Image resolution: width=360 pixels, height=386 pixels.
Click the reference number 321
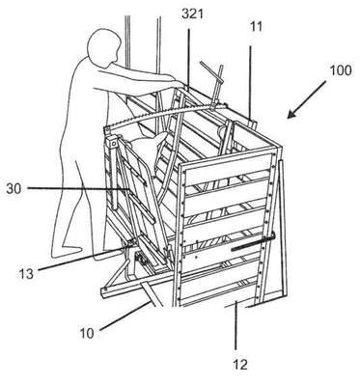pyautogui.click(x=193, y=14)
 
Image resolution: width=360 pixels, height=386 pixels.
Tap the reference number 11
pyautogui.click(x=256, y=27)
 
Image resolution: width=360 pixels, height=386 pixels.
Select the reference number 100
pyautogui.click(x=341, y=70)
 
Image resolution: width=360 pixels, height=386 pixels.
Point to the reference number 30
pyautogui.click(x=14, y=189)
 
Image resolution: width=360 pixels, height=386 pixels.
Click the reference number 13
pyautogui.click(x=26, y=273)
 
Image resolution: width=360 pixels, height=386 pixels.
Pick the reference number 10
pyautogui.click(x=87, y=333)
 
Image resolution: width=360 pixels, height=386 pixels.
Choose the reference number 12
pyautogui.click(x=240, y=365)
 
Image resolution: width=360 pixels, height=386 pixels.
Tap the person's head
pyautogui.click(x=104, y=47)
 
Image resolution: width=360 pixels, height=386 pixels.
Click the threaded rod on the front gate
pyautogui.click(x=253, y=243)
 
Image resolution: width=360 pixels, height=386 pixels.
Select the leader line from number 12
pyautogui.click(x=235, y=324)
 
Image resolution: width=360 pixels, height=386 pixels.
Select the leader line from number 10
pyautogui.click(x=125, y=316)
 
